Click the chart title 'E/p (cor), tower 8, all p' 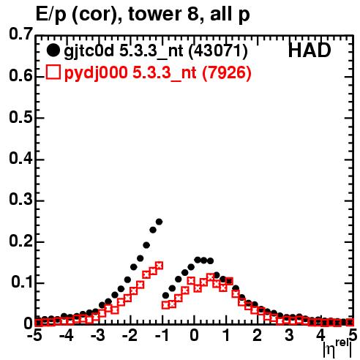click(x=143, y=15)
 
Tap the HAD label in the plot click(x=310, y=50)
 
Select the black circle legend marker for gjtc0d click(x=53, y=50)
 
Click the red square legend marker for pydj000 click(x=53, y=72)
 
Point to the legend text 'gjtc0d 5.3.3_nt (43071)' click(x=156, y=51)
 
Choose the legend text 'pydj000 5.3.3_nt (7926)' click(x=157, y=73)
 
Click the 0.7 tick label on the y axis click(x=20, y=34)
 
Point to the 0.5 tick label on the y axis click(x=20, y=117)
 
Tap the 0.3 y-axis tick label click(x=20, y=200)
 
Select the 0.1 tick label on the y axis click(x=22, y=282)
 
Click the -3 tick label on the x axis click(x=98, y=335)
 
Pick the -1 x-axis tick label click(x=161, y=335)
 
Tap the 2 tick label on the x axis click(x=258, y=335)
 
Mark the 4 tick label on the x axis click(x=320, y=335)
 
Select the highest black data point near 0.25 click(x=159, y=222)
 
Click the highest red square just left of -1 click(x=159, y=266)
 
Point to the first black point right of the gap click(x=165, y=296)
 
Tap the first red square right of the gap click(x=165, y=305)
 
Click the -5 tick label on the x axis click(x=34, y=335)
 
